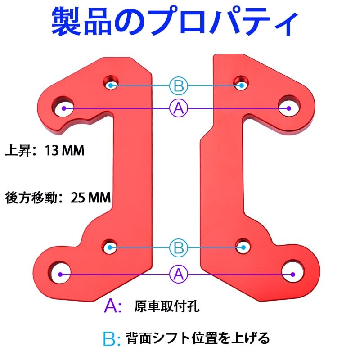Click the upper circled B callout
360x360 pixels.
[x=179, y=86]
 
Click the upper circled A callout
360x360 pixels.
[x=179, y=108]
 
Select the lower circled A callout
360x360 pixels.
[x=179, y=274]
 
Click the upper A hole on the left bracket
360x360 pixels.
[x=63, y=107]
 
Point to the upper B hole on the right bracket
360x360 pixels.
[x=241, y=83]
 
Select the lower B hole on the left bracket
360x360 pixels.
[x=109, y=246]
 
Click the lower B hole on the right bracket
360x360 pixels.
[x=243, y=246]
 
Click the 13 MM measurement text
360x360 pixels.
[x=64, y=151]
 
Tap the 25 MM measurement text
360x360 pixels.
[x=91, y=198]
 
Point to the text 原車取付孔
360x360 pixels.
[x=166, y=306]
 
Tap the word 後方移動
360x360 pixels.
[x=31, y=198]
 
